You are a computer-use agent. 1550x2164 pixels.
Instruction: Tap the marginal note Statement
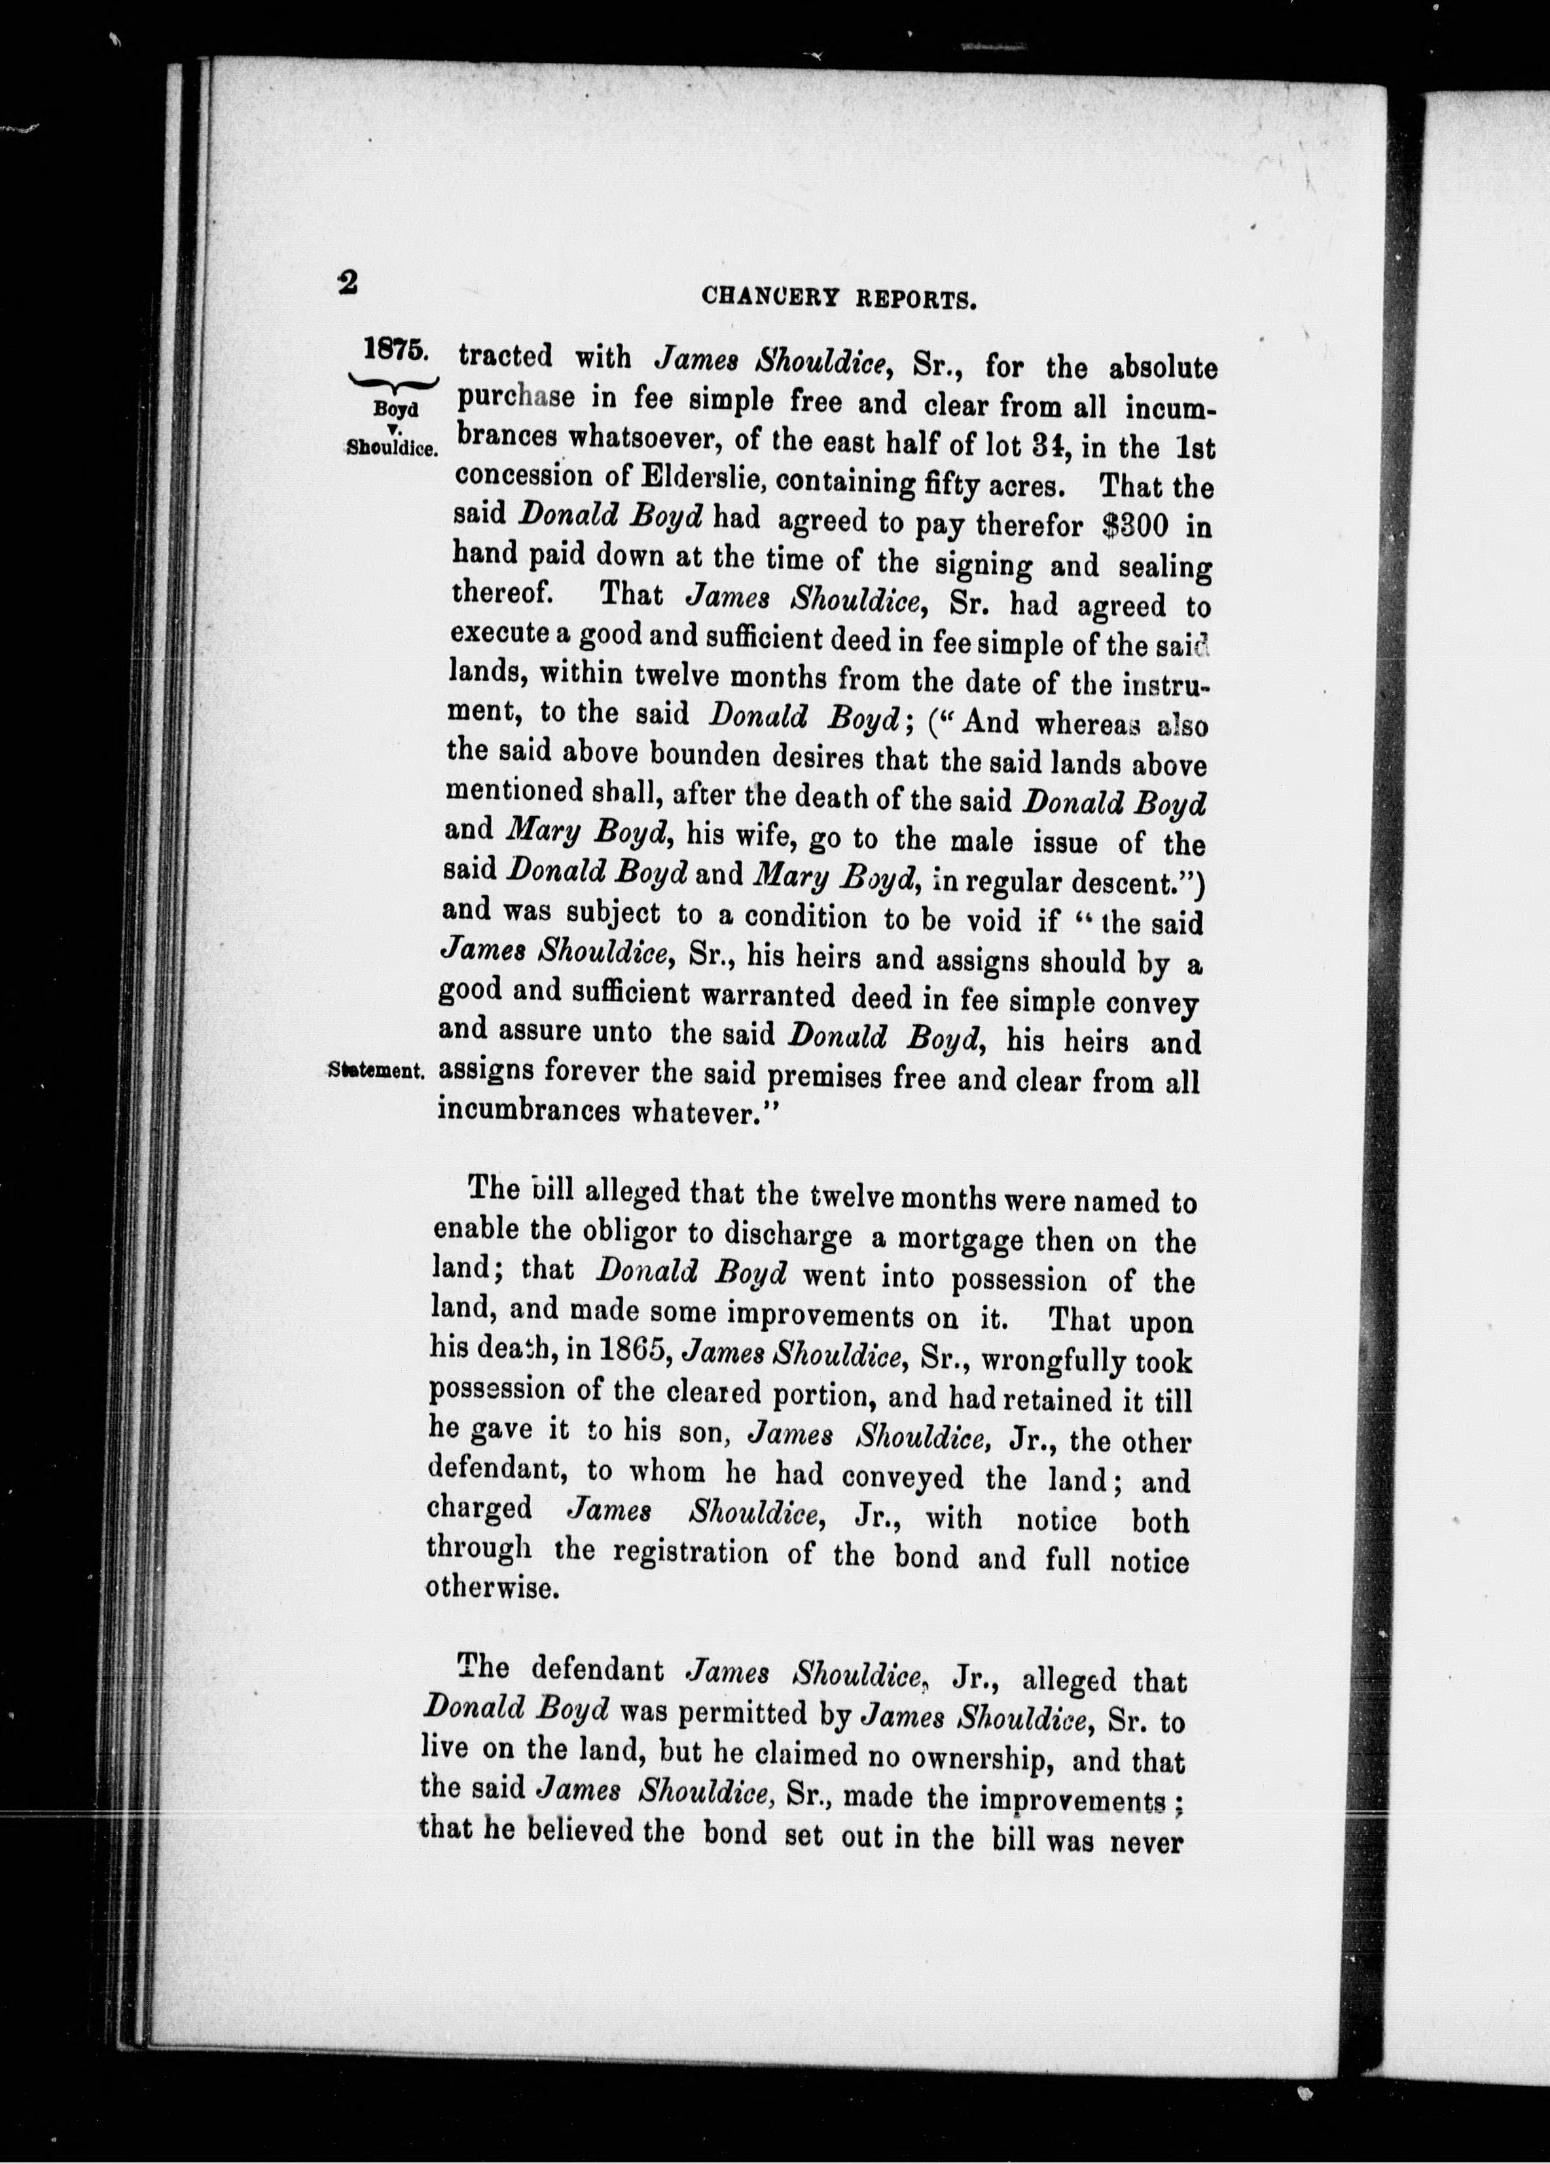(375, 1071)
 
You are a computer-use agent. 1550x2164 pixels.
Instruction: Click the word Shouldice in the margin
(391, 447)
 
